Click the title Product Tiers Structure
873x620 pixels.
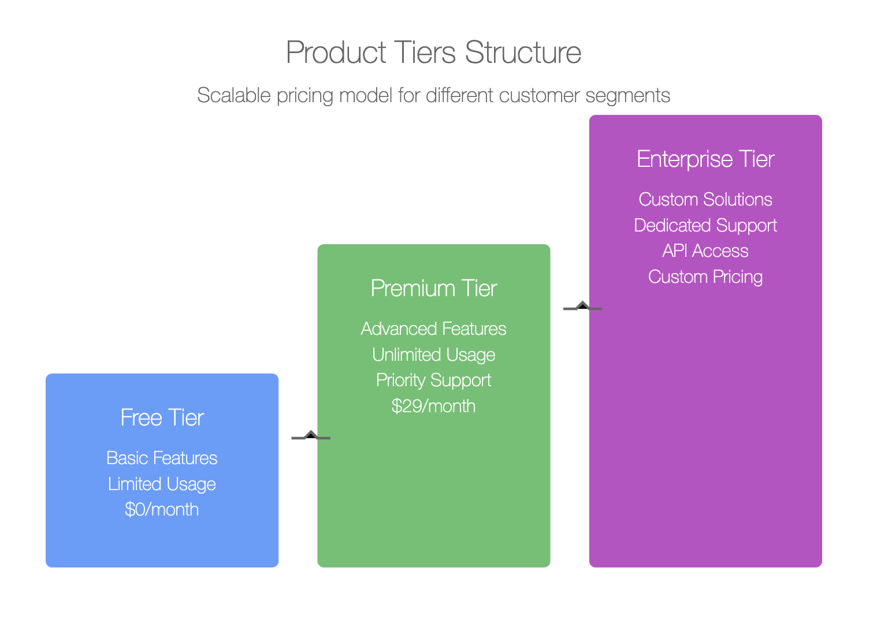(x=433, y=52)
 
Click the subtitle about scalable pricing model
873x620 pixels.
(x=433, y=96)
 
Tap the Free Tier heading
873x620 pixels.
(x=162, y=417)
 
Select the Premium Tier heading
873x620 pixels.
(x=434, y=288)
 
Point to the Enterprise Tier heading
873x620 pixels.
(x=705, y=160)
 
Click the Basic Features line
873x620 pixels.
(x=162, y=458)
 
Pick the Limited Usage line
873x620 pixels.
(x=162, y=484)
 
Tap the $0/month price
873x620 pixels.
(x=162, y=509)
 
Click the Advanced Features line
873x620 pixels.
(x=433, y=328)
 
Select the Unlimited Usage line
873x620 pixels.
(x=433, y=355)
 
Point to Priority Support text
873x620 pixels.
(x=433, y=381)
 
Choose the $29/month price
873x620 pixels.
(x=433, y=406)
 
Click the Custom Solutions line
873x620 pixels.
(x=705, y=199)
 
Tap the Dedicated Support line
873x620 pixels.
(x=705, y=226)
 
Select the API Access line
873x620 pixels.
(x=705, y=251)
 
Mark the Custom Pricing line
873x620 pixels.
(x=705, y=277)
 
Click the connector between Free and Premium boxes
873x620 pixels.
(x=311, y=437)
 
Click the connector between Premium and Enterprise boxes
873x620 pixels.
(x=582, y=308)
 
